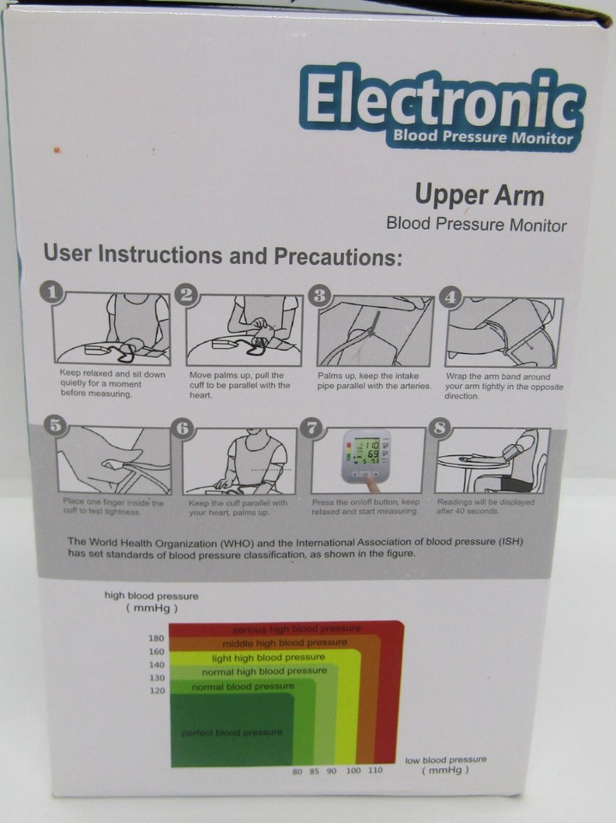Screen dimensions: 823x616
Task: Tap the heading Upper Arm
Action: click(480, 195)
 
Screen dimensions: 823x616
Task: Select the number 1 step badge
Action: click(53, 294)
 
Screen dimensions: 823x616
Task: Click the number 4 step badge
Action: click(450, 297)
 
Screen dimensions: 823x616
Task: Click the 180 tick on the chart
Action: click(155, 639)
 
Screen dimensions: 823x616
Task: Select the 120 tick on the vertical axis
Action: click(155, 690)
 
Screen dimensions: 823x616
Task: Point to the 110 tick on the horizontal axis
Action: click(375, 772)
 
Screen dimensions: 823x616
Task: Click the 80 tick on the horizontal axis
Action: click(297, 772)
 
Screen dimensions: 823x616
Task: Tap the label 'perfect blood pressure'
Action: click(231, 732)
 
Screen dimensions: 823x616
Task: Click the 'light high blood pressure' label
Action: click(269, 658)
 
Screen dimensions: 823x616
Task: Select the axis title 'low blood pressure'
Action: click(445, 760)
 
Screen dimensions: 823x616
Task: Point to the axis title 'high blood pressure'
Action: click(151, 596)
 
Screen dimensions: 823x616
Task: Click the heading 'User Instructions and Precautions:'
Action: click(222, 255)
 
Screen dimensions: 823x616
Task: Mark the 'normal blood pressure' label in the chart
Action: click(243, 687)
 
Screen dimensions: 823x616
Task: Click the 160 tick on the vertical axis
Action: click(155, 652)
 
